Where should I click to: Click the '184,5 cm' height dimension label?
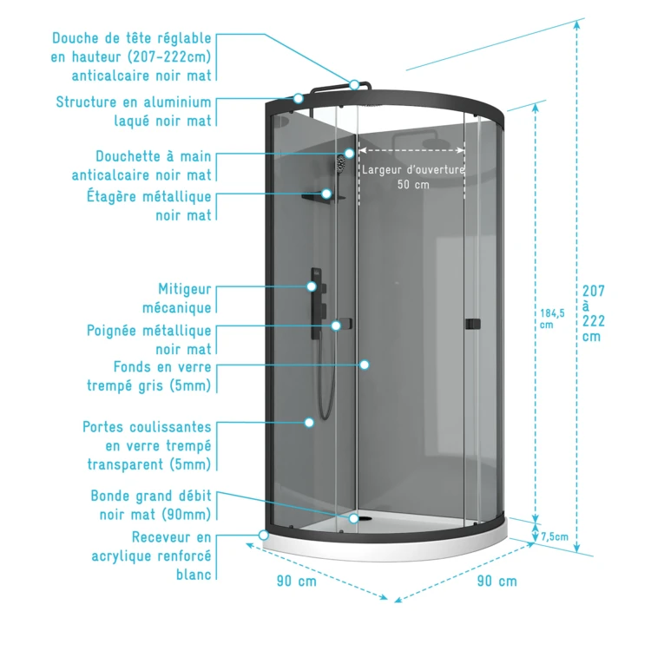coord(546,319)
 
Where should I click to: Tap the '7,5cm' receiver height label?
coord(554,536)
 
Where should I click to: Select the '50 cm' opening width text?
coord(413,185)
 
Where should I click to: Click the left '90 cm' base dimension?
coord(297,581)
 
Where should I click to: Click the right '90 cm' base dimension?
coord(496,581)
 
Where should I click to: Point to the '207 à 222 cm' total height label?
coord(594,313)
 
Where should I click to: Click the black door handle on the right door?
coord(471,324)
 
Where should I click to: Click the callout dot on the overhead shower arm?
coord(355,84)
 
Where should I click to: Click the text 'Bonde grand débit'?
coord(151,496)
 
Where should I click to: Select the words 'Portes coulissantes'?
coord(147,427)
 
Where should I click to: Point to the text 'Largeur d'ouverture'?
coord(413,170)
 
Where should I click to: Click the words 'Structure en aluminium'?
coord(134,102)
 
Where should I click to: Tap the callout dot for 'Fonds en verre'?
coord(365,365)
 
